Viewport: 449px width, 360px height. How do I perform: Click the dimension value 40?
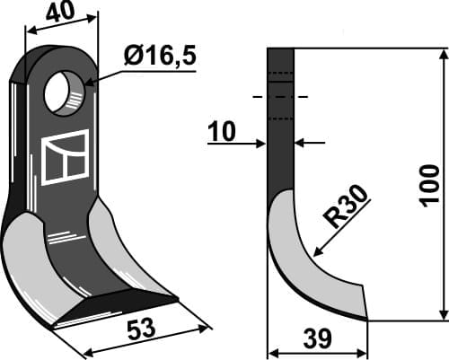[57, 14]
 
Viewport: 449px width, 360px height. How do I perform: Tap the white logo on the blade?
[66, 157]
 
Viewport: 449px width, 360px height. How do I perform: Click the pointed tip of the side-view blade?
[365, 318]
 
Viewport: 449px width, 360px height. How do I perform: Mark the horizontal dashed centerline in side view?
[280, 96]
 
